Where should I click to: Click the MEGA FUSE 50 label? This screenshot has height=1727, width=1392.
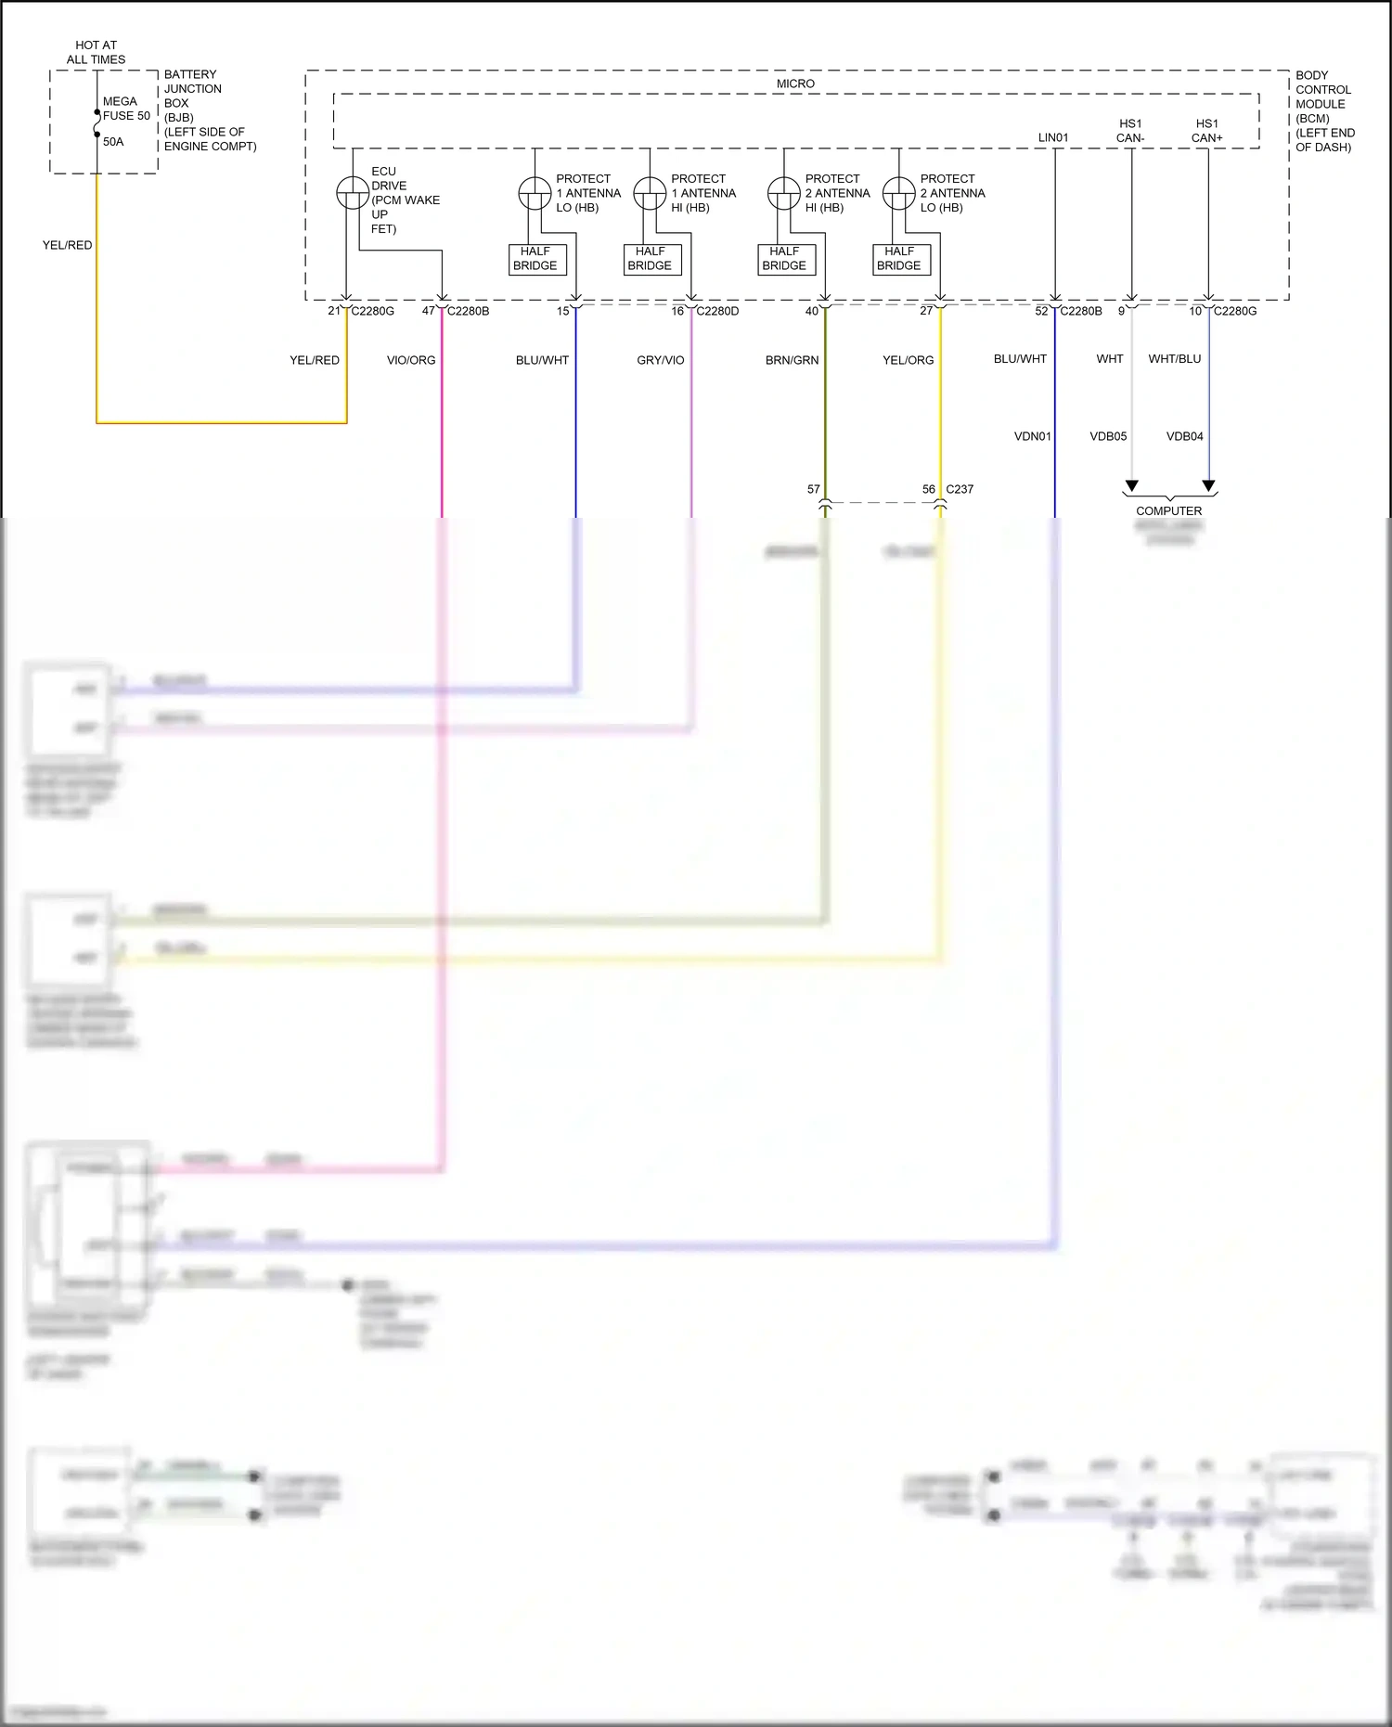click(x=126, y=109)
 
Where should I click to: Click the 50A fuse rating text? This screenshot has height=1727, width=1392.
click(x=113, y=142)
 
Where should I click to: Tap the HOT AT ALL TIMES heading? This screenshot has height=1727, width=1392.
click(x=96, y=52)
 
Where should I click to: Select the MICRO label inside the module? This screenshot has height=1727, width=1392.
click(x=795, y=84)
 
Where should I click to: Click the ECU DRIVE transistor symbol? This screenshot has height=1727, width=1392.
click(x=353, y=193)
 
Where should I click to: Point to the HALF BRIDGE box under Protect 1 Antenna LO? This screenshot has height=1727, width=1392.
click(x=536, y=259)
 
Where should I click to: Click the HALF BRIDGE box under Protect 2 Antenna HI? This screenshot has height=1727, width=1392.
click(x=784, y=259)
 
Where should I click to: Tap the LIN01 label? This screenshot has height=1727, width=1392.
click(x=1053, y=137)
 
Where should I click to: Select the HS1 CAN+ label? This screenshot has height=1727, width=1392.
click(x=1206, y=131)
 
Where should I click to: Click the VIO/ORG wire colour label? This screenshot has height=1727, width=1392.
click(x=411, y=360)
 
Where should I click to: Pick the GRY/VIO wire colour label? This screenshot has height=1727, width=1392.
click(x=661, y=360)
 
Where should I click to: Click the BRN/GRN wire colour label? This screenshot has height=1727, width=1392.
click(x=792, y=360)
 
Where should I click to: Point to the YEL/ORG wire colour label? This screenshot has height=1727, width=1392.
click(x=908, y=360)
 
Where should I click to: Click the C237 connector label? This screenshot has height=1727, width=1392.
click(x=960, y=489)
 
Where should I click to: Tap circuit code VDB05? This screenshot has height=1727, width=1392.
click(x=1108, y=436)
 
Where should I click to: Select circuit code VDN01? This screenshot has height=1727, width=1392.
click(x=1032, y=436)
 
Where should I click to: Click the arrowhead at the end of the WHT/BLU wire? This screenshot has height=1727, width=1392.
click(x=1208, y=486)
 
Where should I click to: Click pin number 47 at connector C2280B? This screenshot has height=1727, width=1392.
click(x=428, y=311)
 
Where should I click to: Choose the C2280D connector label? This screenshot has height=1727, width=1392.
click(x=717, y=311)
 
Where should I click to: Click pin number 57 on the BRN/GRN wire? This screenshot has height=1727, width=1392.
click(x=814, y=489)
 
